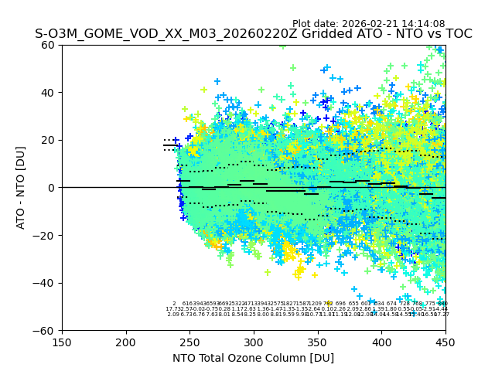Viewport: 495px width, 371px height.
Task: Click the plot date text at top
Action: (x=368, y=24)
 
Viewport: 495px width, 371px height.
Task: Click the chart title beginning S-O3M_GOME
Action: (x=254, y=34)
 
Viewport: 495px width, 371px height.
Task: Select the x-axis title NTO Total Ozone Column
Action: (x=253, y=358)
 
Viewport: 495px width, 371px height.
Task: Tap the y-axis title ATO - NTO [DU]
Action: (x=21, y=187)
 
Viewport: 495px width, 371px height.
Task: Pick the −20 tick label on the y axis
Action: (x=46, y=235)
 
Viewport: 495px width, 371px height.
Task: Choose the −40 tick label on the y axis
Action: (x=46, y=283)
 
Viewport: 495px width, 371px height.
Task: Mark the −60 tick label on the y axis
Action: (x=46, y=330)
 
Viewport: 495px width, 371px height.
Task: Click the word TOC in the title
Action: (x=457, y=34)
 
